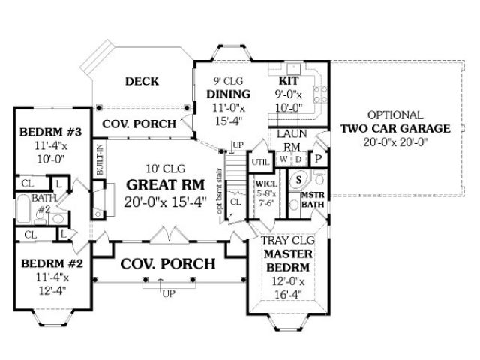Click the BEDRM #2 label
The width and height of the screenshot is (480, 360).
coord(46,263)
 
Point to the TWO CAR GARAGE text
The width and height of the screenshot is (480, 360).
coord(395,128)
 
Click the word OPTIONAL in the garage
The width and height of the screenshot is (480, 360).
coord(395,115)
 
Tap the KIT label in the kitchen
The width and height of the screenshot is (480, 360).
coord(289,80)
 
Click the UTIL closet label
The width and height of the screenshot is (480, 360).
coord(260,161)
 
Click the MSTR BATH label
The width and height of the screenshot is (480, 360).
coord(311,199)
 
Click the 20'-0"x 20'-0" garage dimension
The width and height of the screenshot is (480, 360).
coord(395,142)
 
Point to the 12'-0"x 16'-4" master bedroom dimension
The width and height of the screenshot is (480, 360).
coord(286,289)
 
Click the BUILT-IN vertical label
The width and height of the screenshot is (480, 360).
coord(99,160)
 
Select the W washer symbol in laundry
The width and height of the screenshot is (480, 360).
coord(282,159)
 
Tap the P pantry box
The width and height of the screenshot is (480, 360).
coord(318,158)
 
